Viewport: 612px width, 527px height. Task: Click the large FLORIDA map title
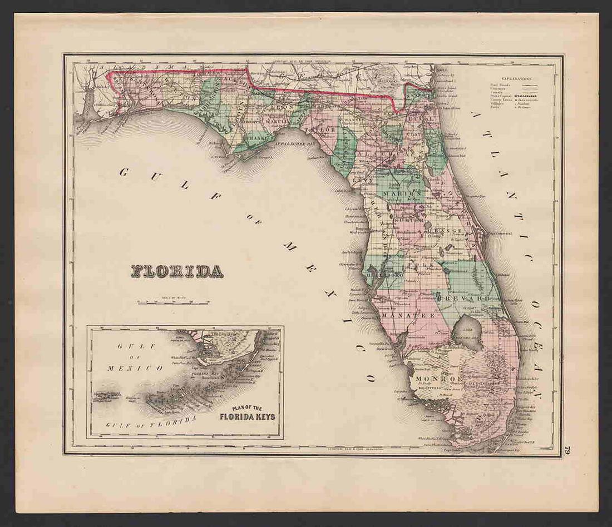coord(177,271)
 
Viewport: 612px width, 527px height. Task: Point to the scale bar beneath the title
coord(173,303)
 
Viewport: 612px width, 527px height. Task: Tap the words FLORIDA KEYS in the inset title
coord(247,416)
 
